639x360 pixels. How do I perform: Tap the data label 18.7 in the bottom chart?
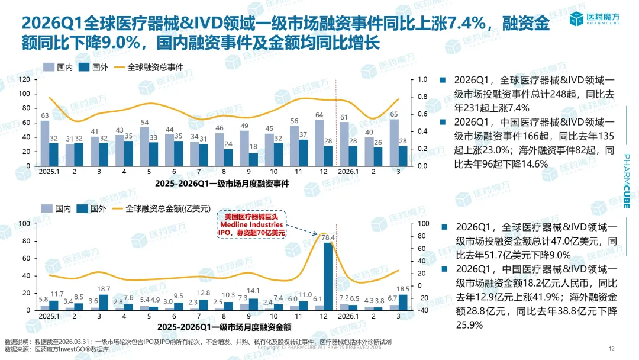(104, 289)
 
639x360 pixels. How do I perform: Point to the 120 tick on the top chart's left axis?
(24, 79)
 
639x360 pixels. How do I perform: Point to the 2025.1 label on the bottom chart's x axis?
(49, 317)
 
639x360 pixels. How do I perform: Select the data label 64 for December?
(319, 115)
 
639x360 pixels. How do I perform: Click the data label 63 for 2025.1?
(44, 115)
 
